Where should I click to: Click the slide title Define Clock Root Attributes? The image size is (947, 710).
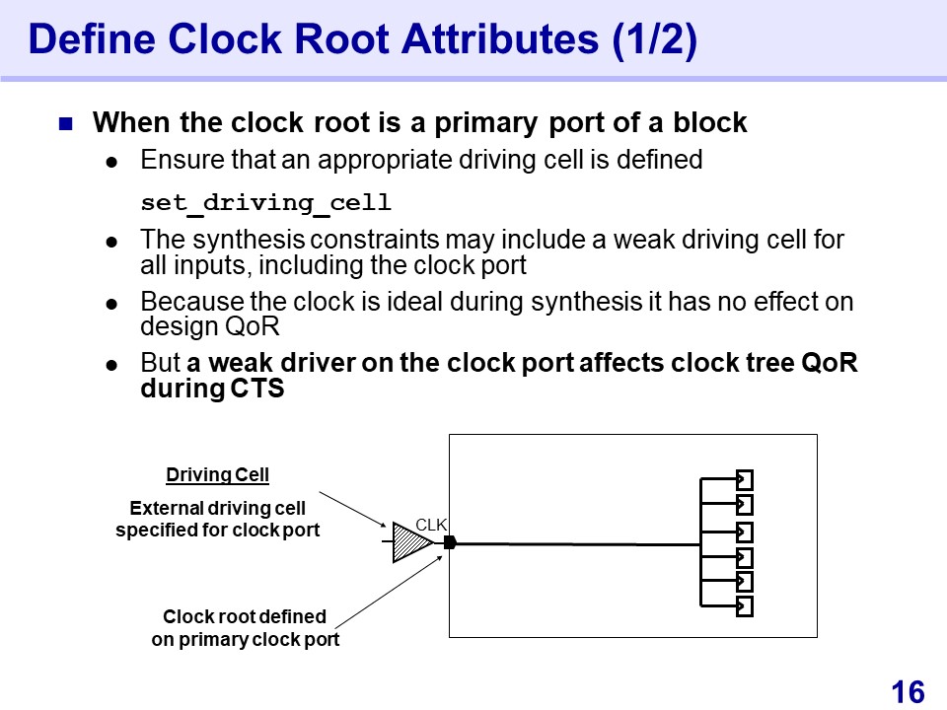(363, 40)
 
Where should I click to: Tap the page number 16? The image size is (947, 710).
(908, 692)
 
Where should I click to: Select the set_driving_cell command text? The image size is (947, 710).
(265, 204)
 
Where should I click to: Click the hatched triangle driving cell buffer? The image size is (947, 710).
(410, 541)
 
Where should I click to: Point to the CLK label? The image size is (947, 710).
(431, 526)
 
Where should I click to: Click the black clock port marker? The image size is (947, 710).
(450, 541)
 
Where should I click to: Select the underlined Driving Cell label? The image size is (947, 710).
(217, 475)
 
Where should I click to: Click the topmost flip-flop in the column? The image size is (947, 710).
(745, 480)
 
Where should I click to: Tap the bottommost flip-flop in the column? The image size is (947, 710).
(745, 606)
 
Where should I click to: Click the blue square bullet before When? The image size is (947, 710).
(66, 124)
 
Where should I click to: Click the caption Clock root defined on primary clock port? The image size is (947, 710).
(245, 628)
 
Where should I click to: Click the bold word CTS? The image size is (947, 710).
(257, 389)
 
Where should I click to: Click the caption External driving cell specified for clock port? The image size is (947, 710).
(218, 519)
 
